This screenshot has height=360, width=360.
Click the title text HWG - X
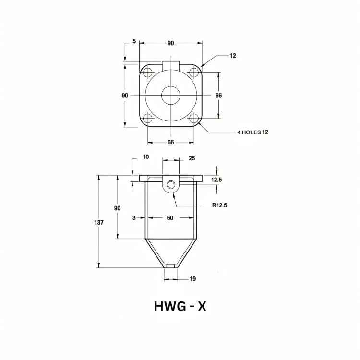pyautogui.click(x=180, y=306)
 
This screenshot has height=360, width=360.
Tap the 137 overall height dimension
pyautogui.click(x=99, y=222)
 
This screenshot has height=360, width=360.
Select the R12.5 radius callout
pyautogui.click(x=219, y=205)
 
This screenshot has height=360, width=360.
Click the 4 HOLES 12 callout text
pyautogui.click(x=253, y=132)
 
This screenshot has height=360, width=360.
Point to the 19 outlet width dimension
pyautogui.click(x=192, y=279)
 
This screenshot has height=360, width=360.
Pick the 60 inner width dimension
pyautogui.click(x=170, y=217)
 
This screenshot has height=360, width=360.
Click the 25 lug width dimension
pyautogui.click(x=192, y=158)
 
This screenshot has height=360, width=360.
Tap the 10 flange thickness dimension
pyautogui.click(x=146, y=157)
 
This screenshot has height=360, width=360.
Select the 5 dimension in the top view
pyautogui.click(x=134, y=41)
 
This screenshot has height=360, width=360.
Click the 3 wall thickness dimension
pyautogui.click(x=134, y=218)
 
